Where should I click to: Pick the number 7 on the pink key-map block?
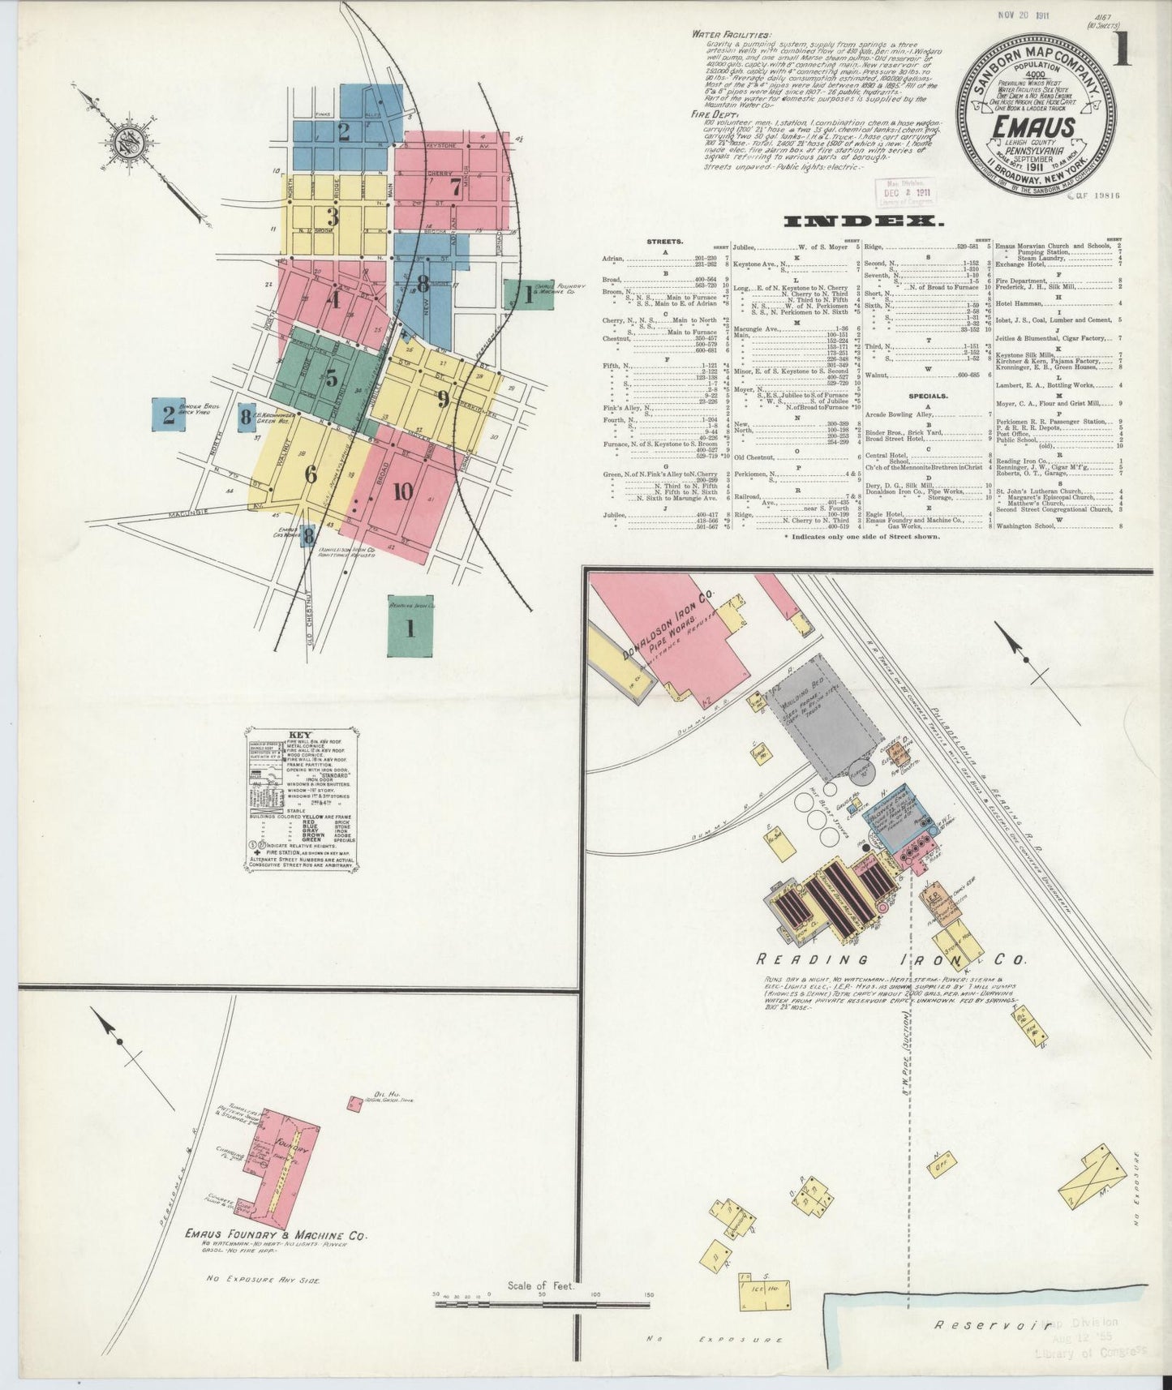(x=456, y=186)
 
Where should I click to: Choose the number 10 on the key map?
(x=402, y=491)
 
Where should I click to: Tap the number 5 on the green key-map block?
(x=332, y=379)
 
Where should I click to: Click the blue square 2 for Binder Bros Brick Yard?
(x=168, y=415)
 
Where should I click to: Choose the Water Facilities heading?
(x=732, y=35)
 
